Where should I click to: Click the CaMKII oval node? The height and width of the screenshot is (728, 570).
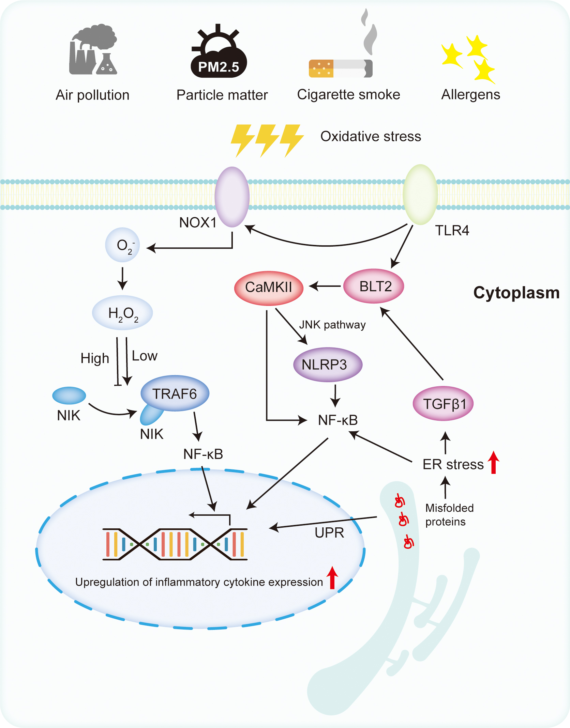[269, 288]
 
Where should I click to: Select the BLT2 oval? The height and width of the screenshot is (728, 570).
[374, 286]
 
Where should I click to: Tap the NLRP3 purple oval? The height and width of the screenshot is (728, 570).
[327, 365]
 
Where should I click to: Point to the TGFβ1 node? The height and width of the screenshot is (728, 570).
[443, 404]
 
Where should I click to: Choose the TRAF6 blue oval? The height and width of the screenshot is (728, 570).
[175, 394]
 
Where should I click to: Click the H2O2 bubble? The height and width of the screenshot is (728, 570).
[122, 313]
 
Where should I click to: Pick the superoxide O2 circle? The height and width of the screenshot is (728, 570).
[122, 245]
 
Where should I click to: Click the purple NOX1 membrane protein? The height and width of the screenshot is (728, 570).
[232, 197]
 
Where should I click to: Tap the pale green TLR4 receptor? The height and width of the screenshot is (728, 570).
[420, 195]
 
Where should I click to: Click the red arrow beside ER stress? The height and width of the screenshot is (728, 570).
[493, 462]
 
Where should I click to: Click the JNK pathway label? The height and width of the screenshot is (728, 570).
[332, 325]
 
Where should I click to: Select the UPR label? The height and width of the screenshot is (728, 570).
[329, 533]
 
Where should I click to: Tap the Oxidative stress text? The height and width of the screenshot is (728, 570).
[371, 136]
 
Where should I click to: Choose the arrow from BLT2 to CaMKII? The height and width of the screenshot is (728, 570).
[325, 286]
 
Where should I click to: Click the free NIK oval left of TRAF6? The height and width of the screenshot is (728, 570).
[69, 396]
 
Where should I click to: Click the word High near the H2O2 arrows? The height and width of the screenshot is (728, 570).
[95, 358]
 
